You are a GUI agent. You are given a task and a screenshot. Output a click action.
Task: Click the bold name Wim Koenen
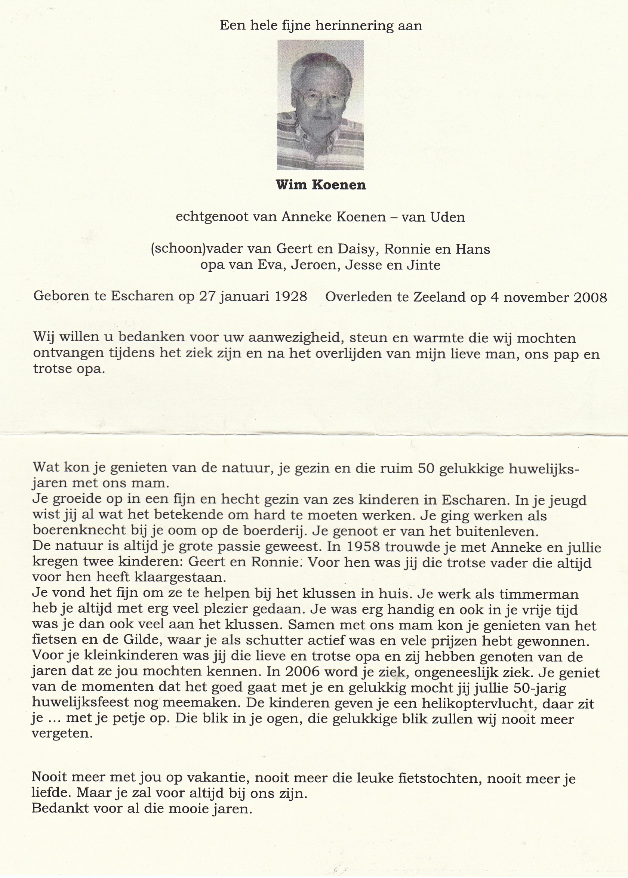click(321, 185)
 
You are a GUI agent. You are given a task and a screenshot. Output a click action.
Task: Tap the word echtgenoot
click(212, 217)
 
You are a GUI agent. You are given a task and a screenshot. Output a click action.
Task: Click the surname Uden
click(448, 217)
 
